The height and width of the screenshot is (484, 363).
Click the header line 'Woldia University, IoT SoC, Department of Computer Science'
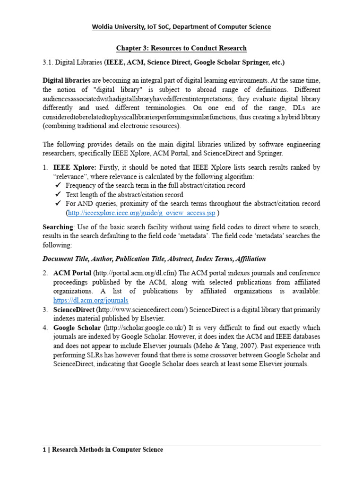point(181,27)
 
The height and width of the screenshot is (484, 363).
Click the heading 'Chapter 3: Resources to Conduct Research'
point(181,48)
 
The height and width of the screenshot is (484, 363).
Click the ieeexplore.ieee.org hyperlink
point(141,213)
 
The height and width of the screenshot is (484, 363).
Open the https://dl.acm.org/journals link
point(91,300)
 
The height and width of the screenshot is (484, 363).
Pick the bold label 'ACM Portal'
point(72,273)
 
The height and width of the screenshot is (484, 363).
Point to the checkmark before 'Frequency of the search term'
point(58,186)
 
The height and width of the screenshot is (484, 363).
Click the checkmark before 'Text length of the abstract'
point(58,195)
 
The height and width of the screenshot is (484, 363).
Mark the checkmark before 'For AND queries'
point(58,204)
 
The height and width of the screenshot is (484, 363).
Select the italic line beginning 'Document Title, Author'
point(154,259)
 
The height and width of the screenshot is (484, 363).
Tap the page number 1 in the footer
point(44,449)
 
